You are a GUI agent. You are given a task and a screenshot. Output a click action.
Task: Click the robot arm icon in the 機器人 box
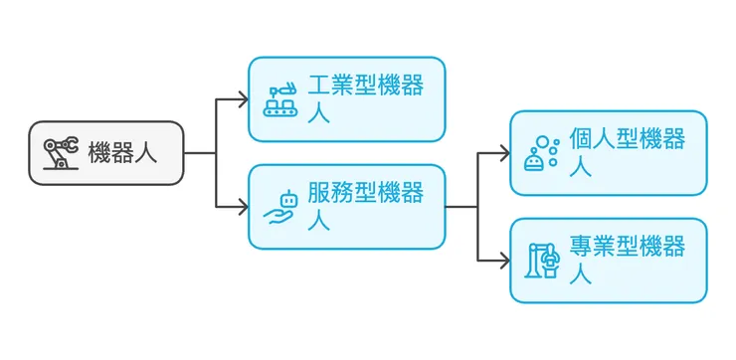pos(61,153)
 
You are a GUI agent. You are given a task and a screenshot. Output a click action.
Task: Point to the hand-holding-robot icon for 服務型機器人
pos(281,207)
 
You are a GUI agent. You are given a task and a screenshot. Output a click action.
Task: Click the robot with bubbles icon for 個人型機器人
pos(542,153)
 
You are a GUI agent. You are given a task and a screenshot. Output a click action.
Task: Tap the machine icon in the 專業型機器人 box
pos(542,261)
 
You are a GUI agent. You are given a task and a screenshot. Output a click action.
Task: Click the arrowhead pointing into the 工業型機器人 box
pos(243,99)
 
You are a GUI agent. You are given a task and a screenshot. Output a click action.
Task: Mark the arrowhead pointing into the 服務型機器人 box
pos(243,207)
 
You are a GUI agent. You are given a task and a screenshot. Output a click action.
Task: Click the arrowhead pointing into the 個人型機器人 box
pos(504,153)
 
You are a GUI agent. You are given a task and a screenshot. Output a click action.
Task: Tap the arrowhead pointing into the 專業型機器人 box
pos(504,261)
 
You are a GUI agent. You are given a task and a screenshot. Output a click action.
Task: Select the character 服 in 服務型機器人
pos(318,193)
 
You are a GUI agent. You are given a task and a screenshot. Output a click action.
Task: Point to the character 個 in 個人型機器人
pos(581,139)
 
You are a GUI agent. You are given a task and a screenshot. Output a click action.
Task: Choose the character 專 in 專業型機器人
pos(581,247)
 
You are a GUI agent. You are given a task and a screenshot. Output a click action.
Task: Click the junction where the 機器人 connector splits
pos(216,153)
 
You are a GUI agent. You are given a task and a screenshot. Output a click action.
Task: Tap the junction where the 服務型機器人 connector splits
pos(477,207)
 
